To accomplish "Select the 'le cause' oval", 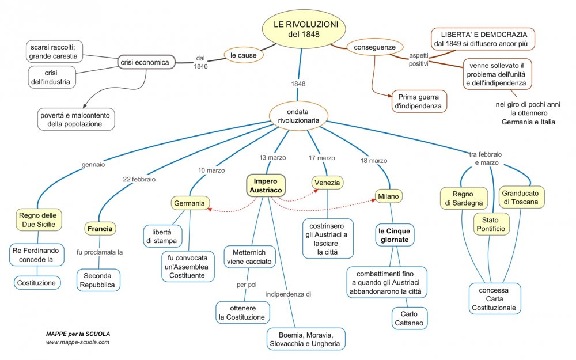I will [x=244, y=56].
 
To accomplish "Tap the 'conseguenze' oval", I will [x=374, y=47].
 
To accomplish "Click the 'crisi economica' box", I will [x=146, y=62].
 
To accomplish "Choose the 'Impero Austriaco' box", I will [x=266, y=185].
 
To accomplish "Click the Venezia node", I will [x=328, y=183].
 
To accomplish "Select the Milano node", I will [x=389, y=196].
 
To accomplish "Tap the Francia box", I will [x=101, y=229].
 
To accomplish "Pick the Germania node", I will [x=190, y=203].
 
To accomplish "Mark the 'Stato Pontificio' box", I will [x=491, y=224].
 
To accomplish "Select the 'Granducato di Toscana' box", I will [x=521, y=197].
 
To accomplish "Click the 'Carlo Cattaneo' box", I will [x=410, y=319].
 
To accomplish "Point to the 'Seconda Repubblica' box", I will [x=98, y=279].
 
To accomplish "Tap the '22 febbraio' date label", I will [x=139, y=179].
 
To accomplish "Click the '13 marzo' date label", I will [x=272, y=158].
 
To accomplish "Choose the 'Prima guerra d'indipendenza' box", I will [x=418, y=101].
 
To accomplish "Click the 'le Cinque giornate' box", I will [x=394, y=235].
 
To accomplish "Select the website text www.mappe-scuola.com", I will [x=78, y=342].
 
